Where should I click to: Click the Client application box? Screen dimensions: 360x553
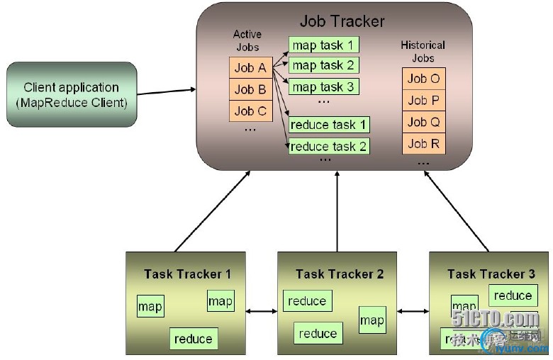tap(71, 94)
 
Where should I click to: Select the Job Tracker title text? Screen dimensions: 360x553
tap(342, 21)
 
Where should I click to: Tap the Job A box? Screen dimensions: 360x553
tap(250, 68)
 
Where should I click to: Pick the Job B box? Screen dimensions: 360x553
tap(250, 89)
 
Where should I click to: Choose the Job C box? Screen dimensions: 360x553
tap(250, 111)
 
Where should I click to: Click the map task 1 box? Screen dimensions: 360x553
tap(323, 45)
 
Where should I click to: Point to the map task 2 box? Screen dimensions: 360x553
tap(323, 65)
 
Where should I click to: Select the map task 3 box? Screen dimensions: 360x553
tap(323, 86)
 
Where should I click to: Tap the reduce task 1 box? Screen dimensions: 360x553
tap(328, 125)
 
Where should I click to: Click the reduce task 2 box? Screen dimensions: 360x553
tap(328, 146)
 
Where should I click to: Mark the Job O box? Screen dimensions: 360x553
tap(424, 79)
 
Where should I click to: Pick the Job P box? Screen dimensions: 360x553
tap(424, 100)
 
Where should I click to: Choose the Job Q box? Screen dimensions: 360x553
tap(424, 122)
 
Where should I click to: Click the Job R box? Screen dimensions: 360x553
tap(424, 143)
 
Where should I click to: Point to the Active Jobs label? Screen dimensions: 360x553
tap(247, 40)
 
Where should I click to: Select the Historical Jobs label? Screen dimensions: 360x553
tap(423, 51)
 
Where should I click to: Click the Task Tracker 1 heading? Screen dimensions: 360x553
tap(187, 274)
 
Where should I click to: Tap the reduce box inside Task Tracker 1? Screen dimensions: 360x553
tap(193, 339)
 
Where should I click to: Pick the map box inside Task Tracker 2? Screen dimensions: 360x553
tap(372, 320)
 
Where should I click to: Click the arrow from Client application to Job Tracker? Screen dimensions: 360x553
tap(167, 91)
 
